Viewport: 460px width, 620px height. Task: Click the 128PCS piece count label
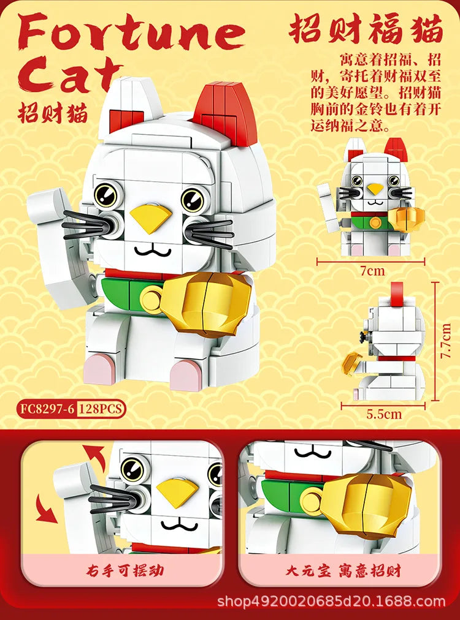101,409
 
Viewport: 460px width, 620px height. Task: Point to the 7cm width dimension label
372,270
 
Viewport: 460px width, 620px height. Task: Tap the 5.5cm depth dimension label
384,414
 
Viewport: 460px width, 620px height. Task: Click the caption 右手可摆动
123,572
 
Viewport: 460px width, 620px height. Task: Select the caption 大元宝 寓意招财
343,572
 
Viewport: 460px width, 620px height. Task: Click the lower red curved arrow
47,509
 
